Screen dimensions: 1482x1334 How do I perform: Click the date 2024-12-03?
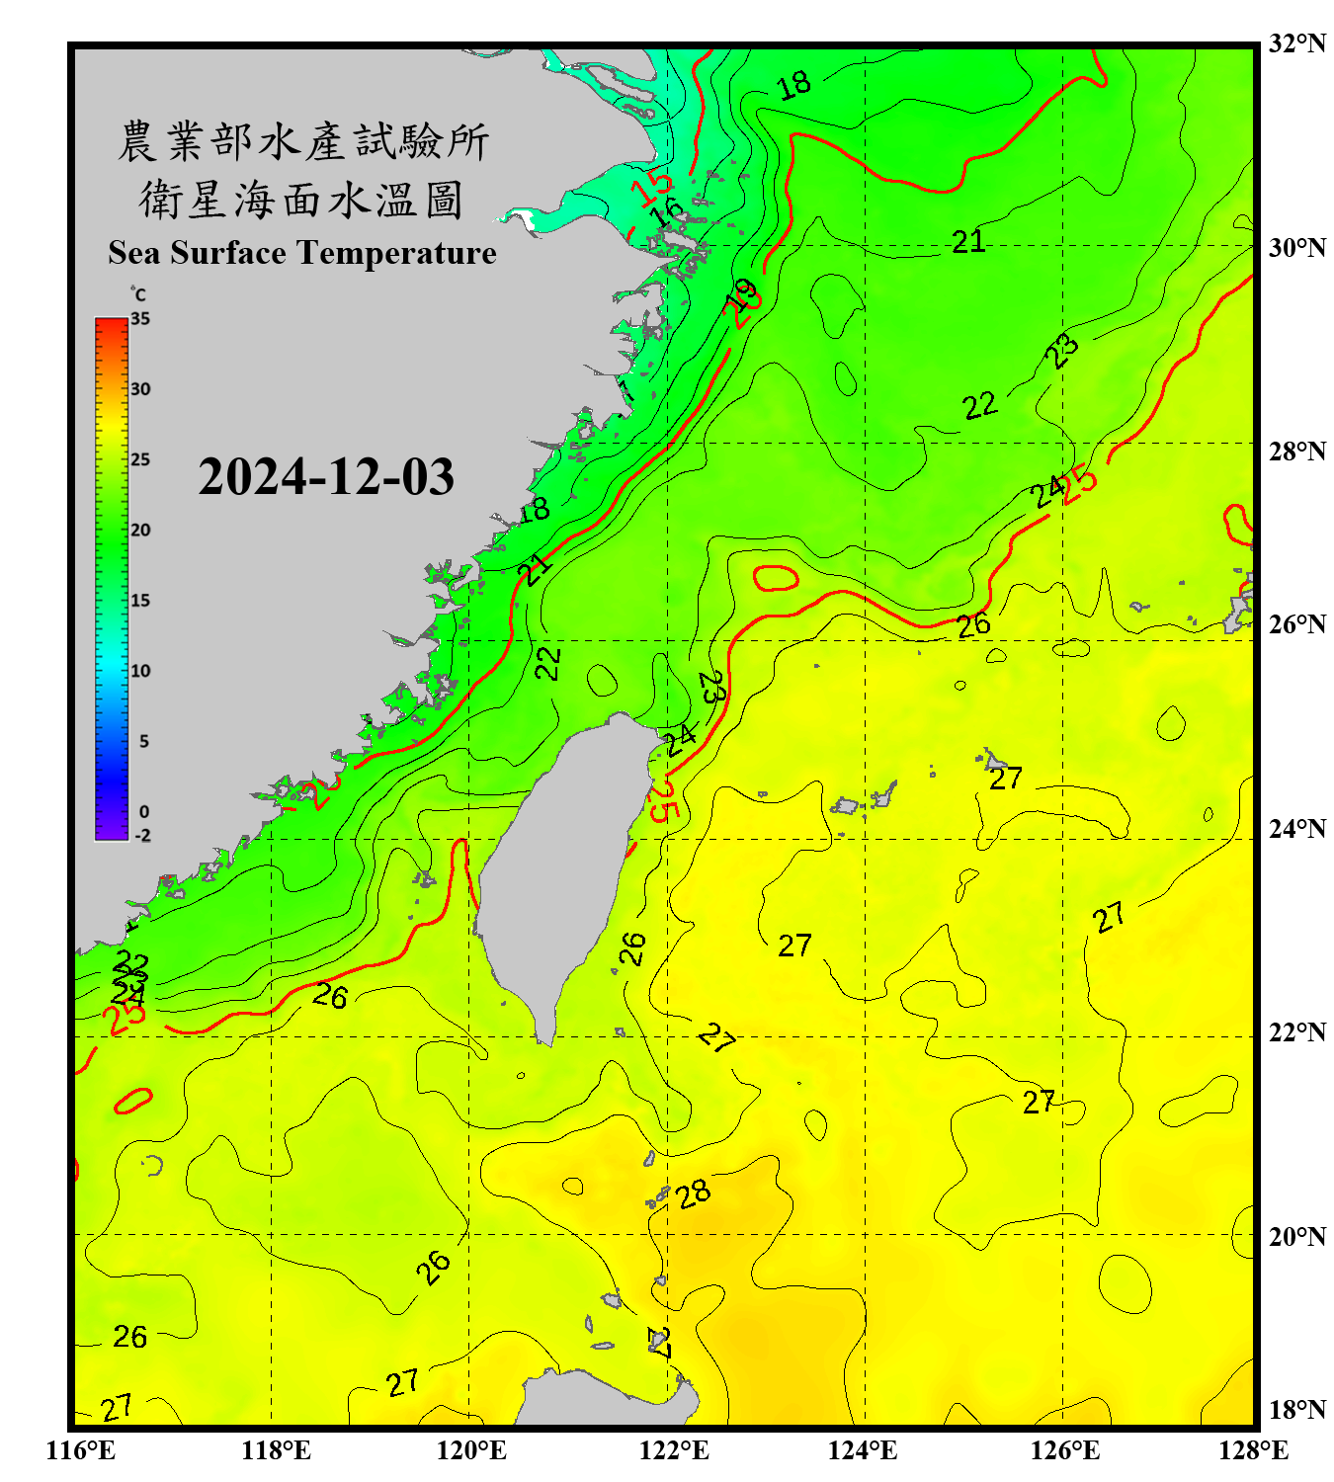326,477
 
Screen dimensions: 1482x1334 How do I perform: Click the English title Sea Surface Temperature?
301,253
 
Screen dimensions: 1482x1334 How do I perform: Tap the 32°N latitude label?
1296,43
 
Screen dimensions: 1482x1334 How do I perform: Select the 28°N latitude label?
1296,451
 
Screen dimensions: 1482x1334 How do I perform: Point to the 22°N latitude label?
1296,1032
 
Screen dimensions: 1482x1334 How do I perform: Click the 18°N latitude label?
1296,1410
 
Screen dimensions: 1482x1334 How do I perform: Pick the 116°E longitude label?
81,1450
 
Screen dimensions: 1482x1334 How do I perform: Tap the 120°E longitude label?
471,1450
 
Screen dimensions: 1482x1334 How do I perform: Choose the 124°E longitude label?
863,1450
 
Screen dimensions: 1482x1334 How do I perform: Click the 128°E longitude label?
1253,1450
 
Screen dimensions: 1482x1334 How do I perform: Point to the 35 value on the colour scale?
140,319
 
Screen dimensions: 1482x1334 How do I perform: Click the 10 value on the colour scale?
140,671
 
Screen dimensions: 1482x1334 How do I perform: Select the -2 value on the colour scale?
142,835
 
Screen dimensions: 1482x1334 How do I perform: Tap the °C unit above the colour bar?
138,294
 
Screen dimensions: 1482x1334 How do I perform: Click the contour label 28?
694,1194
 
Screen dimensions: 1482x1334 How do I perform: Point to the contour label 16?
668,211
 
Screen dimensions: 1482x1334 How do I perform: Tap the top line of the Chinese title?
302,141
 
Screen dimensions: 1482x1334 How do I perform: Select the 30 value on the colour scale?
140,389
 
